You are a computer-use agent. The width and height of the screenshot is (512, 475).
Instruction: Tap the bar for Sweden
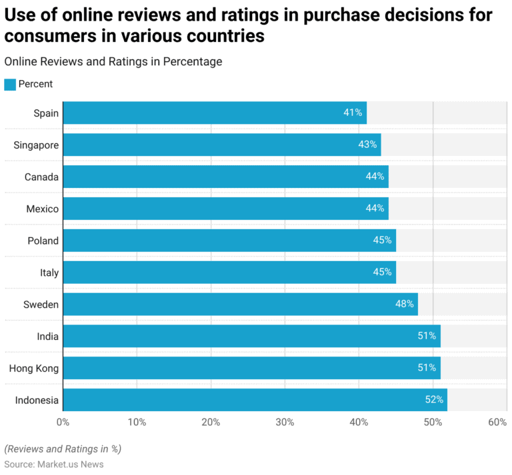[240, 304]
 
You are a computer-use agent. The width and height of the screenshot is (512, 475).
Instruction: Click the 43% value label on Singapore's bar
[367, 145]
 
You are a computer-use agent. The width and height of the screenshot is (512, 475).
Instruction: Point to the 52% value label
[434, 400]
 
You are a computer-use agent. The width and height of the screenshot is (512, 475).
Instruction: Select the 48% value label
[405, 304]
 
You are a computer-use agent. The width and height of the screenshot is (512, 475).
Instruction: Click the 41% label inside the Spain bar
[353, 113]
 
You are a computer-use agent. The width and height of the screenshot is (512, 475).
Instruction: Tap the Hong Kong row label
[33, 368]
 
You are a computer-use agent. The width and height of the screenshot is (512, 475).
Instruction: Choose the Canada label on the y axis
[41, 177]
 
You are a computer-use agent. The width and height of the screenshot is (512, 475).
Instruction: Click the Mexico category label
[42, 209]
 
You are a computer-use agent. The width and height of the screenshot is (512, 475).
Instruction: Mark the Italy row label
[49, 272]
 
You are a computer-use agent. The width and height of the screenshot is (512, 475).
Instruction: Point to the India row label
[47, 336]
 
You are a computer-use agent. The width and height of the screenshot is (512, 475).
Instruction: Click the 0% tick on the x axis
[63, 422]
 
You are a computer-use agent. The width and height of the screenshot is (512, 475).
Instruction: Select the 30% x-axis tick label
[285, 422]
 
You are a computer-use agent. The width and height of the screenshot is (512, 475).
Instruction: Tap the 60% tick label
[497, 422]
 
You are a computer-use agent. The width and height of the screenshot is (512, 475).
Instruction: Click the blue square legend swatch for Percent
[10, 84]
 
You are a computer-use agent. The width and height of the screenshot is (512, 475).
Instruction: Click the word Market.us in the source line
[57, 464]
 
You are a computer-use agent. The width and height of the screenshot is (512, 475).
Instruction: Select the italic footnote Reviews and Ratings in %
[63, 448]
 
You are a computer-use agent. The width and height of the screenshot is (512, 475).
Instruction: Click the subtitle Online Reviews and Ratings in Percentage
[113, 61]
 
